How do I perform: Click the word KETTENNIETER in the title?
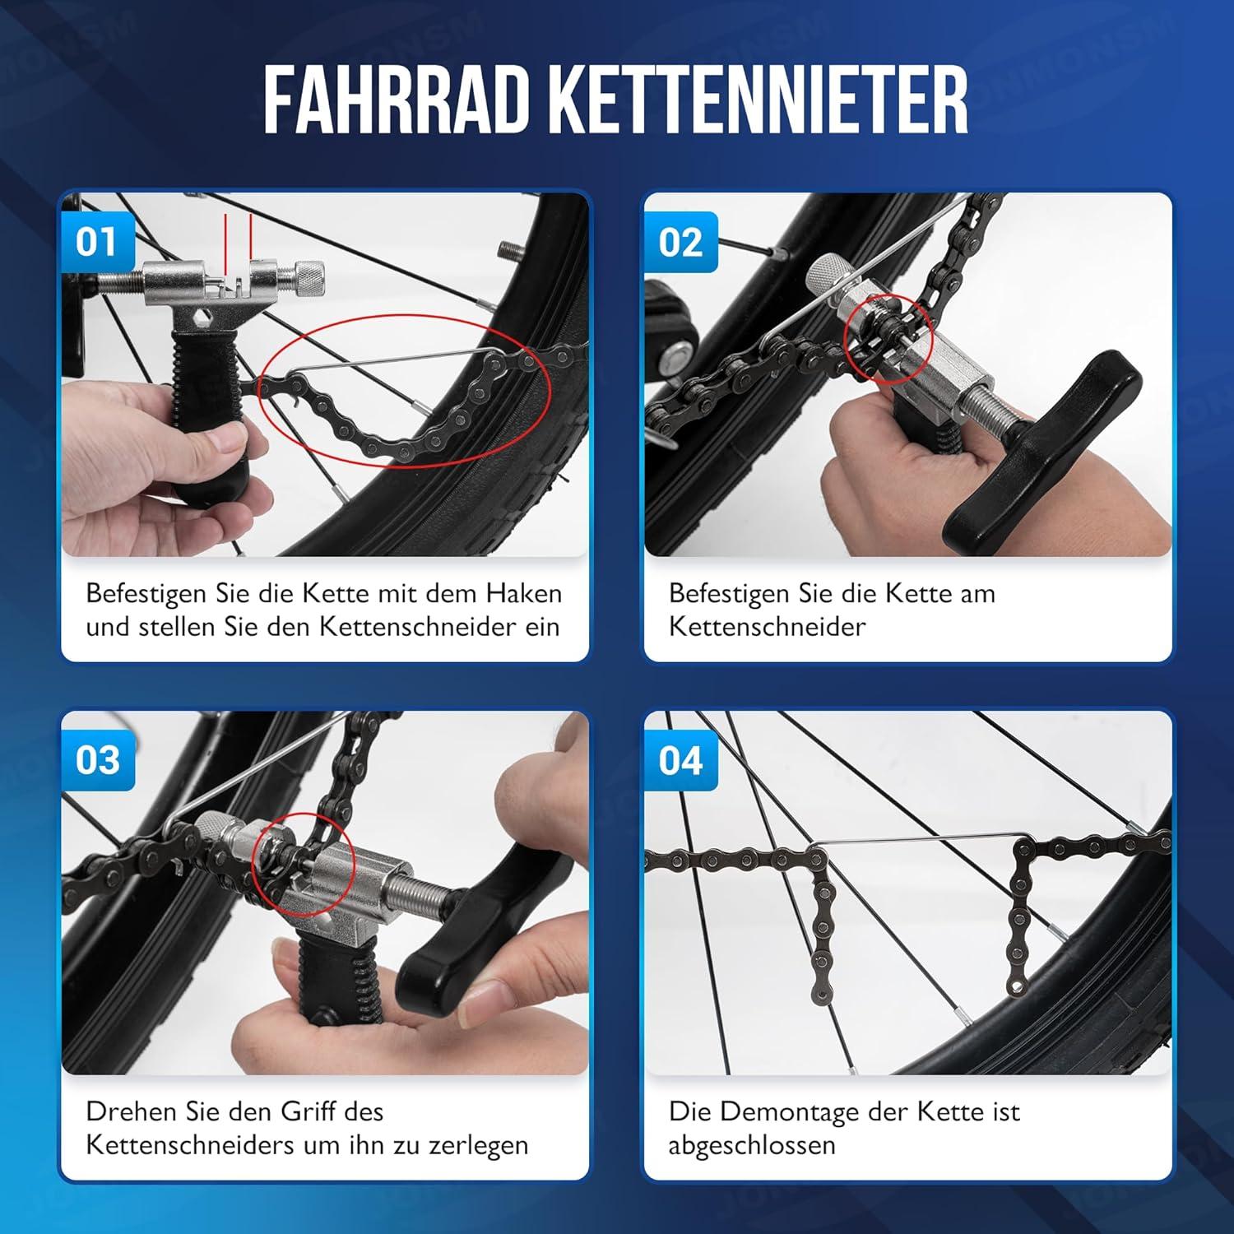[758, 101]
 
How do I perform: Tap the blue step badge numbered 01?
[96, 242]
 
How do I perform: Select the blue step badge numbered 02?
[680, 242]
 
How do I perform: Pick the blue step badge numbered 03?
[97, 759]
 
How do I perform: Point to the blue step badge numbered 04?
[680, 759]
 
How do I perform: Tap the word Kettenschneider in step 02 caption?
[767, 626]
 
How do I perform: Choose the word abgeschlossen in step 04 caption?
[751, 1146]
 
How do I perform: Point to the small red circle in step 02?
[889, 340]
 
